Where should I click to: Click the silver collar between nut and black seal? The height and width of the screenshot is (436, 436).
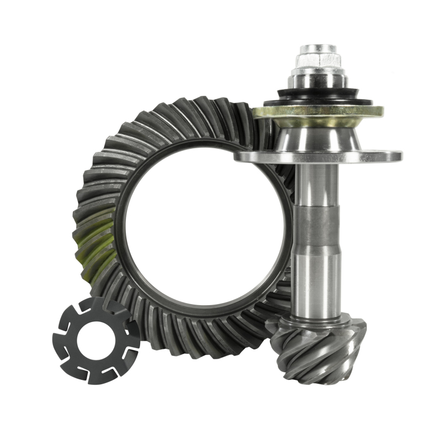coord(318,80)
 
